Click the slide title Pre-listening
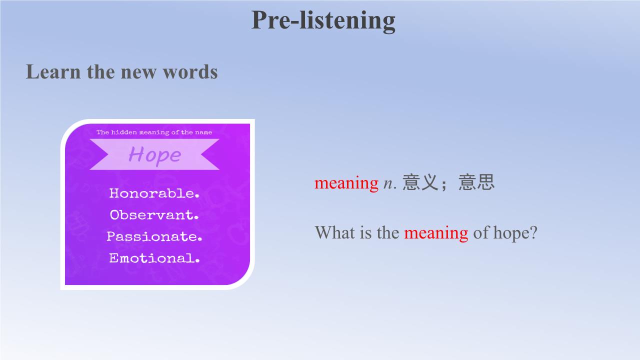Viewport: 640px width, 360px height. pos(323,20)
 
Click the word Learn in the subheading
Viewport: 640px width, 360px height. pos(53,71)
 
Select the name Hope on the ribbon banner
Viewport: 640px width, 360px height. pos(154,155)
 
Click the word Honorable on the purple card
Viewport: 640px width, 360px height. pos(154,193)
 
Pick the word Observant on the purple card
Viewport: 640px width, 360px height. pos(154,215)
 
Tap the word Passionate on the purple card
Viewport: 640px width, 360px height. pos(154,236)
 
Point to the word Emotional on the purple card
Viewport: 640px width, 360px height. pos(154,258)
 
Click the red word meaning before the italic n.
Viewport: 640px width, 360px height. pos(346,183)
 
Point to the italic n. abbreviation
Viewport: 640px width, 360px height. pos(389,183)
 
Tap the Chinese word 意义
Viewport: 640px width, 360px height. pos(420,182)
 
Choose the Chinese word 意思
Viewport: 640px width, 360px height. pos(476,182)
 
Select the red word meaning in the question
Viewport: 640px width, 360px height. pos(436,233)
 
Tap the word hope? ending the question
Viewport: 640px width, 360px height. pos(515,233)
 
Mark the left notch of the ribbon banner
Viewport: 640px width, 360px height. pos(108,154)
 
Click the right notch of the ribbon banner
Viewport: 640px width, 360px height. pos(201,154)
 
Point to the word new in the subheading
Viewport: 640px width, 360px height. pos(138,73)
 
